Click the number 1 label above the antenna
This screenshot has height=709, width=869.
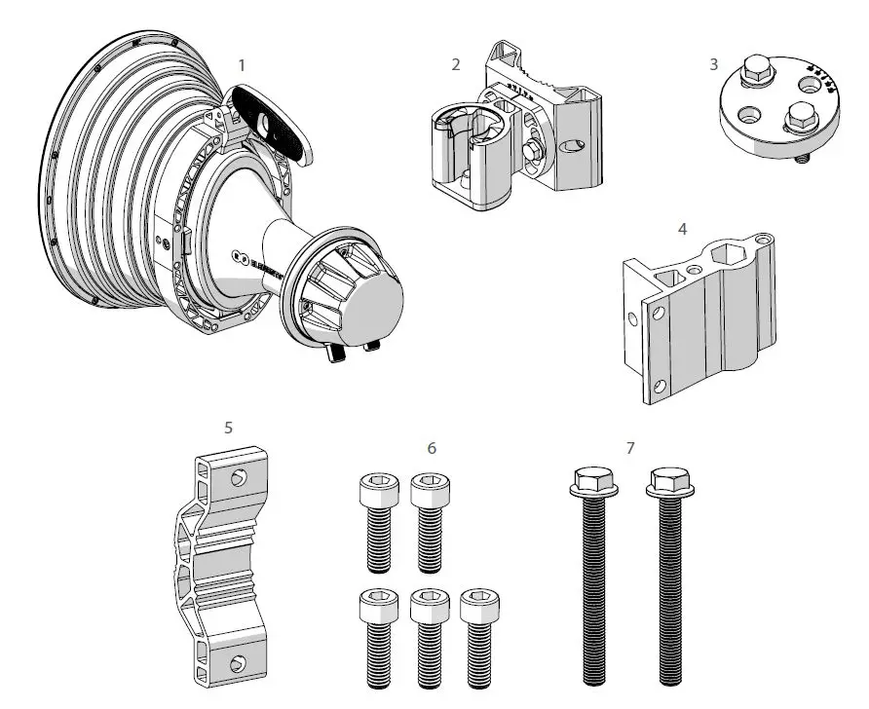point(242,64)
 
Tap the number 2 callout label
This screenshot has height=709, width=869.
point(456,64)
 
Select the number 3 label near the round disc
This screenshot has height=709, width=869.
point(713,64)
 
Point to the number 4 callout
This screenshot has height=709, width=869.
point(683,229)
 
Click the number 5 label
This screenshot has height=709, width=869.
point(228,427)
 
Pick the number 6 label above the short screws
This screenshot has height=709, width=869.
point(432,448)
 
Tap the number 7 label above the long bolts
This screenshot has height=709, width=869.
point(630,448)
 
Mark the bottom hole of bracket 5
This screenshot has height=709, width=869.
point(237,663)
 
